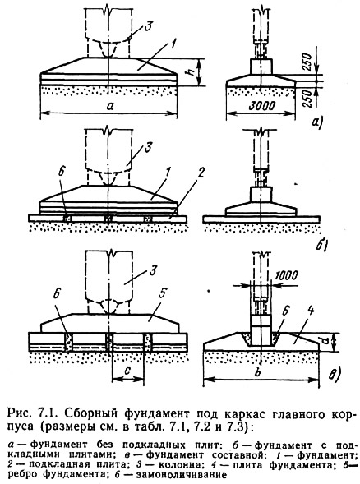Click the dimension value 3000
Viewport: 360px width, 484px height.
261,106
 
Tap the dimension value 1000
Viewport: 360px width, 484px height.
286,275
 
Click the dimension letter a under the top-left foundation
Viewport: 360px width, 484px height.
109,107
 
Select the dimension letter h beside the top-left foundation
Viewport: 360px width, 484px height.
192,72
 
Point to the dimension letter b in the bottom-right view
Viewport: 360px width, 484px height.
258,372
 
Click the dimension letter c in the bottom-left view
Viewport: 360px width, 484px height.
127,371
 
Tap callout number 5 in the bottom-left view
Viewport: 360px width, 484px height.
164,294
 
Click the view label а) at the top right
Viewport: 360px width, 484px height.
316,122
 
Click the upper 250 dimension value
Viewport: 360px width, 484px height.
307,62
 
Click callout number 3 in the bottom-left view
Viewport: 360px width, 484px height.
152,272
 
